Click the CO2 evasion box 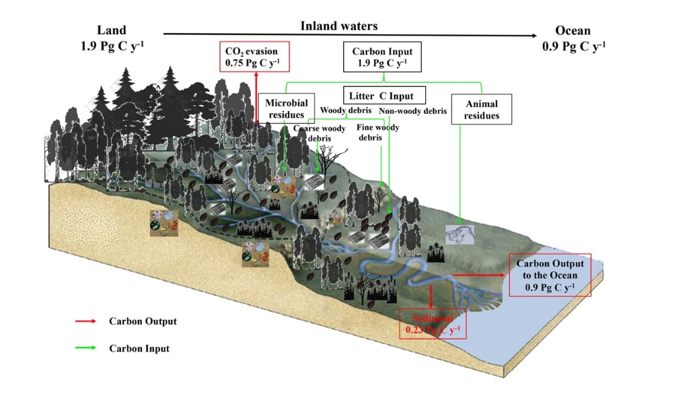254,58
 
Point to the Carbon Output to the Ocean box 550,275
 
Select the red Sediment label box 433,323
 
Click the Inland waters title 338,26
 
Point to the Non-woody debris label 412,111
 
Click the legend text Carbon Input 139,348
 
